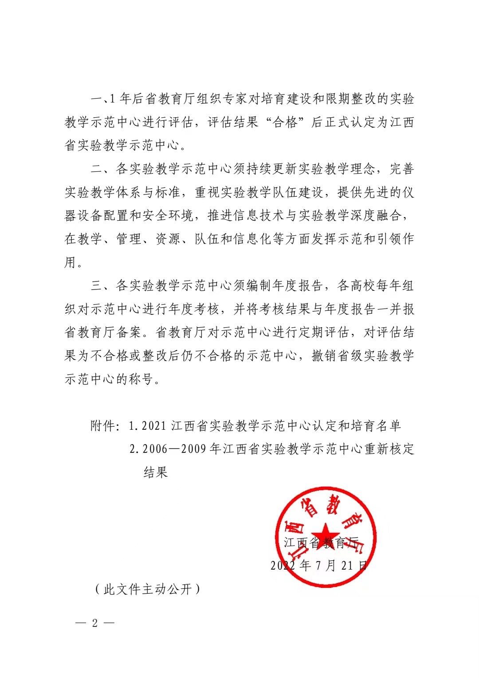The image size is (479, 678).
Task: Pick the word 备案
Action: tap(130, 333)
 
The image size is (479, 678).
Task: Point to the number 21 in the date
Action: tap(347, 565)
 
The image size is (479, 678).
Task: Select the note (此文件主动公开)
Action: tap(148, 590)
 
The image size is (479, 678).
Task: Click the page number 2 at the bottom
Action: tap(94, 623)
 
